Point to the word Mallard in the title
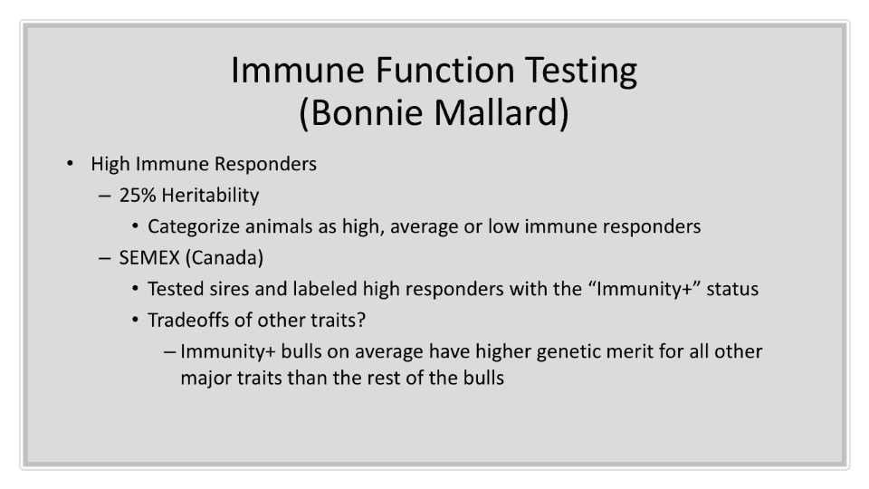[501, 112]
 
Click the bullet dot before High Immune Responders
[70, 163]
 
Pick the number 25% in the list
[137, 196]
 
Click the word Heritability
[211, 196]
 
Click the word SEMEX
[149, 258]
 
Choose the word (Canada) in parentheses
[224, 258]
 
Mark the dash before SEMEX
[104, 258]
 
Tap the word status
[732, 289]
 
